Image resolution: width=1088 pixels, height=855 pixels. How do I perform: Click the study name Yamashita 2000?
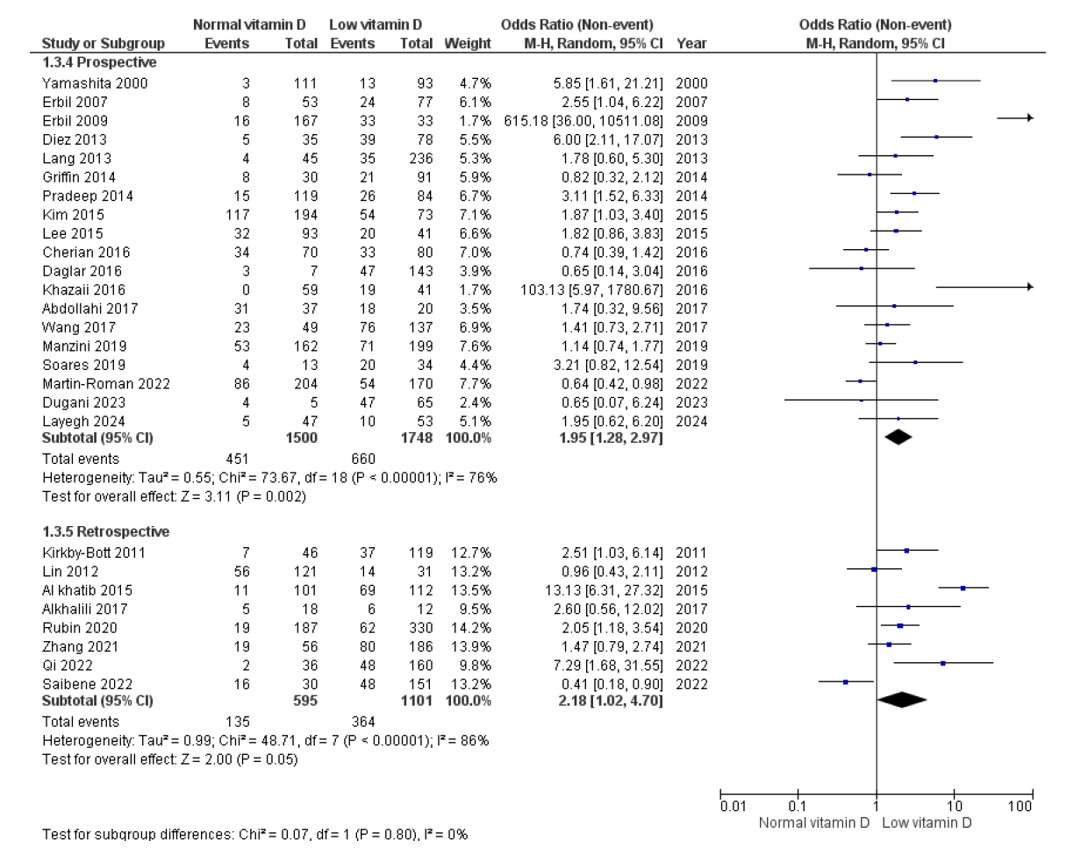(x=95, y=83)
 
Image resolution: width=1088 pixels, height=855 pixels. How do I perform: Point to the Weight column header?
(x=468, y=44)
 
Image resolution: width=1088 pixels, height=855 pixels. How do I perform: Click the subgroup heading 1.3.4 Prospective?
(x=99, y=63)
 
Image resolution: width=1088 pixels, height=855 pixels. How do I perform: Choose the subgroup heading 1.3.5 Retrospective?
(x=106, y=532)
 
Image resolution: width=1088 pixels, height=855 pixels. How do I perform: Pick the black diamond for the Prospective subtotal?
(x=898, y=436)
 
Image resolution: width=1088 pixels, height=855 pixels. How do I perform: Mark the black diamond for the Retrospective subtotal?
(x=902, y=700)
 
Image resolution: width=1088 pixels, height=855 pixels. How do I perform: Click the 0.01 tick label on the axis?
(x=733, y=807)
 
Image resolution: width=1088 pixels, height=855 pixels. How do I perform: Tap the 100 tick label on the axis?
(x=1020, y=807)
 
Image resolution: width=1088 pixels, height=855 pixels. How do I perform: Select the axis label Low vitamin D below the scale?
(x=927, y=823)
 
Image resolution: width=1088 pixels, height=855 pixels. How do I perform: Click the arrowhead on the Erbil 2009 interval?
(x=1029, y=118)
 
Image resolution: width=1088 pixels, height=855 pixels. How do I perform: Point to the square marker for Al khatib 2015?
(x=963, y=588)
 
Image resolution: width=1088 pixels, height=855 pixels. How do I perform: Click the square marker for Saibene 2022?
(x=846, y=681)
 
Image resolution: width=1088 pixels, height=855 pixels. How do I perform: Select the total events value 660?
(x=362, y=459)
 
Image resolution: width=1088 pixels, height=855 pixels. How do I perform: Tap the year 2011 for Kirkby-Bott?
(x=691, y=553)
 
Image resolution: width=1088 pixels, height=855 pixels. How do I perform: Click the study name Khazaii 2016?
(x=83, y=290)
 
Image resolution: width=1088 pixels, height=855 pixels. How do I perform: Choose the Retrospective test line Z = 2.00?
(x=169, y=759)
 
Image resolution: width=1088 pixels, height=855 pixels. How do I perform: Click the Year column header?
(x=691, y=44)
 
